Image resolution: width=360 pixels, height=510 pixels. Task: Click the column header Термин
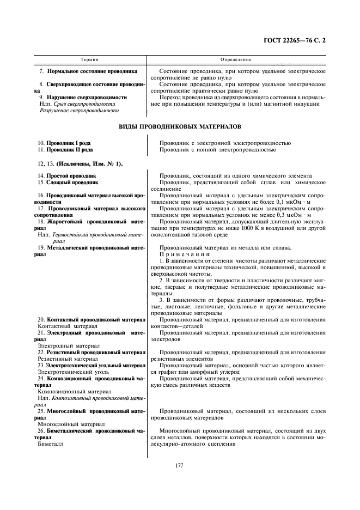(89, 58)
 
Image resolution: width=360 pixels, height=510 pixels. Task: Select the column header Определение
(235, 58)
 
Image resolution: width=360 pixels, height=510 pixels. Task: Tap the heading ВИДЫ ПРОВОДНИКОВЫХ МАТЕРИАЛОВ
(180, 127)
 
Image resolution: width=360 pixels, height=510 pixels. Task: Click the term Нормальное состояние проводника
(92, 71)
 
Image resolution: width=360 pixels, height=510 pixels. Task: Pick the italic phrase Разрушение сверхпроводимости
(80, 111)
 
